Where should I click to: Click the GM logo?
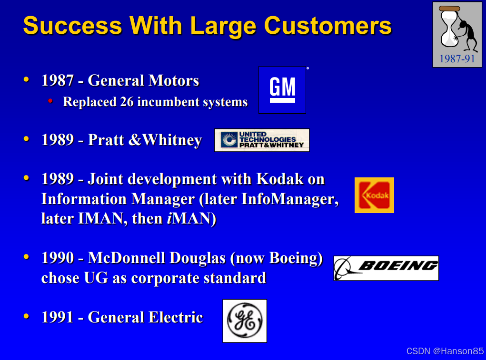pyautogui.click(x=282, y=90)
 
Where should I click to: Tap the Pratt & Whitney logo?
pyautogui.click(x=262, y=140)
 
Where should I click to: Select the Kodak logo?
pyautogui.click(x=374, y=195)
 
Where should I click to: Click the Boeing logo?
pyautogui.click(x=386, y=268)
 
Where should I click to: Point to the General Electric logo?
pyautogui.click(x=245, y=321)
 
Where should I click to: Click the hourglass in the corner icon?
pyautogui.click(x=450, y=27)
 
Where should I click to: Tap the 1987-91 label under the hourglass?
pyautogui.click(x=457, y=58)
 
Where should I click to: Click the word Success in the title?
pyautogui.click(x=73, y=25)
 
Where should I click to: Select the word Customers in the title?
pyautogui.click(x=328, y=25)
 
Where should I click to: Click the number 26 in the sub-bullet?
pyautogui.click(x=127, y=102)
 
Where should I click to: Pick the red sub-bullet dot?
pyautogui.click(x=50, y=101)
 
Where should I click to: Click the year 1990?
pyautogui.click(x=58, y=258)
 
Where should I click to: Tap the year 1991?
pyautogui.click(x=58, y=317)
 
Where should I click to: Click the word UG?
pyautogui.click(x=96, y=278)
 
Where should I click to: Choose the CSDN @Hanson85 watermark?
pyautogui.click(x=445, y=351)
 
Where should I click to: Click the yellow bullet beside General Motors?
pyautogui.click(x=26, y=79)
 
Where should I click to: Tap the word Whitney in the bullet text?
pyautogui.click(x=173, y=140)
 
